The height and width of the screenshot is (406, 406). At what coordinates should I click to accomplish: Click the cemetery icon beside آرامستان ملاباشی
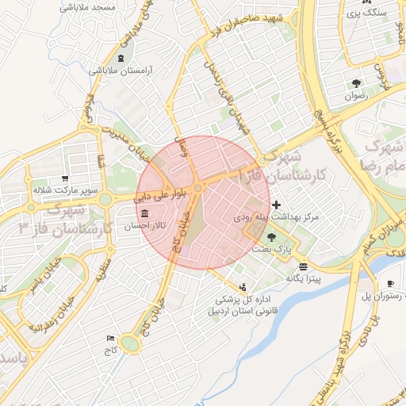pyautogui.click(x=120, y=59)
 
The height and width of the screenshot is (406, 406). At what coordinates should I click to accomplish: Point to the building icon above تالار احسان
pyautogui.click(x=144, y=214)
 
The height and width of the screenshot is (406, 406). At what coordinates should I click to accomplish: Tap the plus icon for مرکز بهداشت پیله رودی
pyautogui.click(x=276, y=205)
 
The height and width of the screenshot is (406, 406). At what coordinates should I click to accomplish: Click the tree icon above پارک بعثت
pyautogui.click(x=273, y=236)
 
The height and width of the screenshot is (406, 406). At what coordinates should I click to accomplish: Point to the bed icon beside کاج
pyautogui.click(x=110, y=339)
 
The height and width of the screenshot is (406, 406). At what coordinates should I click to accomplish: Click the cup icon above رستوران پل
pyautogui.click(x=390, y=284)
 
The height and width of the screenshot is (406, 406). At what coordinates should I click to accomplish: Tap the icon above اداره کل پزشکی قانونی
pyautogui.click(x=243, y=286)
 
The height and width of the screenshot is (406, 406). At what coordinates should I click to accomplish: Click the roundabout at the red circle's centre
pyautogui.click(x=197, y=186)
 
